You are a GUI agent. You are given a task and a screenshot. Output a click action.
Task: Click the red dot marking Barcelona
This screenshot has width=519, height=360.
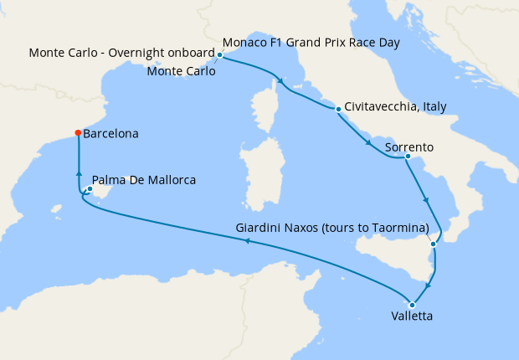[x=78, y=132]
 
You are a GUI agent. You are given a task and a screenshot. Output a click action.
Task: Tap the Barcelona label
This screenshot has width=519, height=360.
[x=111, y=133]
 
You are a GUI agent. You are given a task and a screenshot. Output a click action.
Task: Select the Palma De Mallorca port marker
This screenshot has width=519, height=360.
[x=90, y=188]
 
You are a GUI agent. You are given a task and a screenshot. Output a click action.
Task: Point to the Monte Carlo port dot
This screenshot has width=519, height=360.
[x=219, y=55]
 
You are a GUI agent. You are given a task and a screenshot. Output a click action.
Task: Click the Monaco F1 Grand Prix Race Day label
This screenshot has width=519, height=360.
[x=311, y=42]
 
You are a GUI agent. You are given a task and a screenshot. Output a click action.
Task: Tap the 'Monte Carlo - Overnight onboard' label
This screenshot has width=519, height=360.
[x=122, y=53]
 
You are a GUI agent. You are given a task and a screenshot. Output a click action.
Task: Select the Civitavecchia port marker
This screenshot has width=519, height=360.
[x=337, y=109]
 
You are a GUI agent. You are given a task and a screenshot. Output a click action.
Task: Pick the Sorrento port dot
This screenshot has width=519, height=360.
[x=407, y=156]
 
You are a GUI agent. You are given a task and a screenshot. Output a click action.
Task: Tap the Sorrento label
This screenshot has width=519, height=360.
[x=409, y=147]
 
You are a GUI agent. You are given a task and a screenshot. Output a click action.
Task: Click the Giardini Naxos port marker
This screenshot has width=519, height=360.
[x=433, y=244]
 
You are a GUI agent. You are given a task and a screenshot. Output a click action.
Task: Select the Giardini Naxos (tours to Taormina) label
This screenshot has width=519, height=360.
[x=332, y=229]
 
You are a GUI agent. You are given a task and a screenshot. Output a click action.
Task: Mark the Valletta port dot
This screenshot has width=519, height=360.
[x=412, y=304]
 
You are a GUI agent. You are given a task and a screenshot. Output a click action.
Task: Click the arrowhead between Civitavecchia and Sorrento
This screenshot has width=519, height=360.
[x=369, y=144]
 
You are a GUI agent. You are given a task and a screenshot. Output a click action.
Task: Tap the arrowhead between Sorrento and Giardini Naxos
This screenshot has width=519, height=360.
[x=427, y=201]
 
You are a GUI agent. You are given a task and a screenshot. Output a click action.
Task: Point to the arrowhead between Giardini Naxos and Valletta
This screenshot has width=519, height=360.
[x=427, y=284]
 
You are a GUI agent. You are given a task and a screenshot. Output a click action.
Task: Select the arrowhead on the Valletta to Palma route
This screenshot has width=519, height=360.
[x=246, y=241]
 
